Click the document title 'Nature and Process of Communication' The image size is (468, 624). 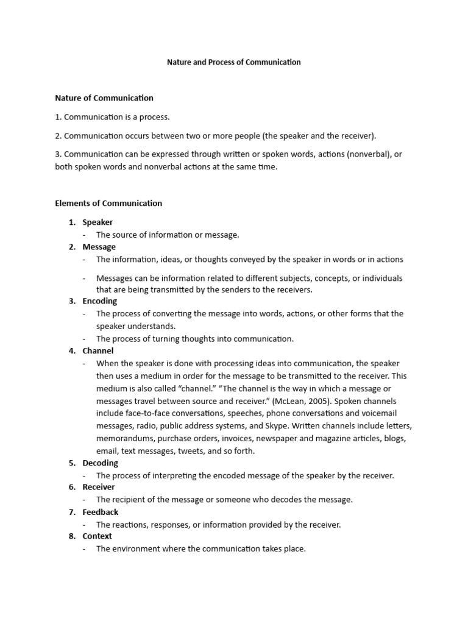(x=234, y=62)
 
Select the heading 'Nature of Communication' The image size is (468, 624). (x=104, y=97)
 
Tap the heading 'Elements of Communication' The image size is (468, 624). (x=108, y=203)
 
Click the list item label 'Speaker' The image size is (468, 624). (x=97, y=222)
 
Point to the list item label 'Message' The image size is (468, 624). (x=99, y=247)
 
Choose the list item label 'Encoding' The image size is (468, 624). (x=100, y=301)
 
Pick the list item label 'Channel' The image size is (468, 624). (x=98, y=351)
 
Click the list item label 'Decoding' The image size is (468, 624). (x=101, y=463)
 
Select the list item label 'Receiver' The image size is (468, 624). (x=99, y=487)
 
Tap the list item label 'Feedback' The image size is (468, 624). (x=101, y=512)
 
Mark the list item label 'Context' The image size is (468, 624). (x=97, y=536)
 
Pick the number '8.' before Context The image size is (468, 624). (x=72, y=536)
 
